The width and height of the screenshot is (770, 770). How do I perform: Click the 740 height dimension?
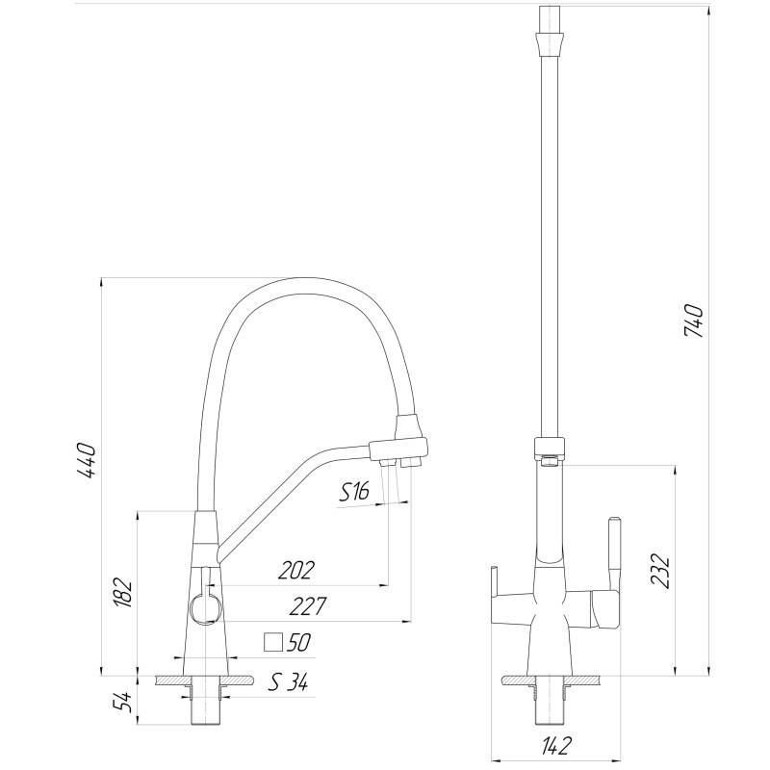[x=694, y=321]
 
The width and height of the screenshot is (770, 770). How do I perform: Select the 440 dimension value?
[x=87, y=461]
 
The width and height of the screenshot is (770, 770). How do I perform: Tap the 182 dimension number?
[x=122, y=592]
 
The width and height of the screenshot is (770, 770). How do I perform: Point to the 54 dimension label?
[x=122, y=702]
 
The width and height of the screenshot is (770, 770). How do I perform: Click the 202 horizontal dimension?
[x=295, y=571]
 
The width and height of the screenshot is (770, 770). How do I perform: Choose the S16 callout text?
[x=354, y=494]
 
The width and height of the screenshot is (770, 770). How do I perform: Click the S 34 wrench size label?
[x=288, y=684]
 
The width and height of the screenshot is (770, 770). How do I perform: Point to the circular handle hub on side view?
[x=205, y=607]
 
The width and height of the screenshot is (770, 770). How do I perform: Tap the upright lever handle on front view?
[x=614, y=553]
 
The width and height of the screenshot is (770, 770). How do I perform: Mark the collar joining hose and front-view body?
[x=549, y=449]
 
